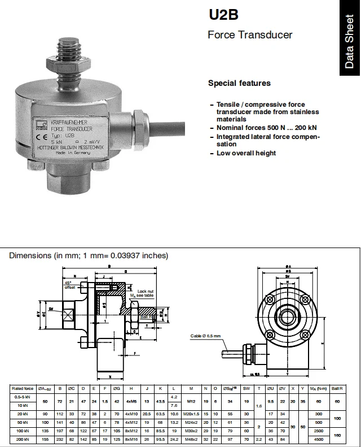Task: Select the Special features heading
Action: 239,83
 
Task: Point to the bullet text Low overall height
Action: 246,153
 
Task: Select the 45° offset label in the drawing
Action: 69,285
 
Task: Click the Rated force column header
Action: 23,388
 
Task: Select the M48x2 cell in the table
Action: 192,439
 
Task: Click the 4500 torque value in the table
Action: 318,439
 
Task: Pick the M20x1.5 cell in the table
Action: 192,414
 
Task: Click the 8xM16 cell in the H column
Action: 131,439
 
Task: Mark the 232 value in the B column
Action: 60,439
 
